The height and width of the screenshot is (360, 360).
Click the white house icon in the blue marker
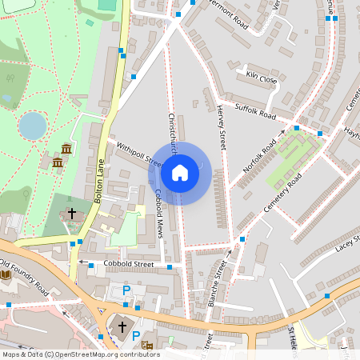[180, 173]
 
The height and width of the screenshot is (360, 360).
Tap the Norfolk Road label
[260, 157]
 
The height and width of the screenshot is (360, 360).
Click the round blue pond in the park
[33, 126]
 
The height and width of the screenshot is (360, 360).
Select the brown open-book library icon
[6, 275]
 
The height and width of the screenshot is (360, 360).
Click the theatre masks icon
[146, 345]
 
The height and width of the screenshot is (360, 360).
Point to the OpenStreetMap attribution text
[80, 354]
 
